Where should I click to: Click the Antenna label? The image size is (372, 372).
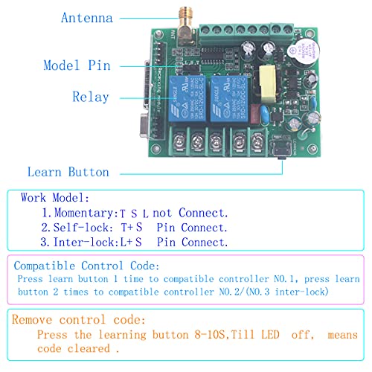point(87,18)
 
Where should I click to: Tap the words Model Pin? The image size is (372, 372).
point(77,65)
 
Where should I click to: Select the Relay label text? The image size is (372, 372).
point(91,97)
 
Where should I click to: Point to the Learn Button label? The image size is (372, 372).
point(68,172)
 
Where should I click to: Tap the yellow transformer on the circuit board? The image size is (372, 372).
point(268,84)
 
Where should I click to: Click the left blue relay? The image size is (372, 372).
point(187,99)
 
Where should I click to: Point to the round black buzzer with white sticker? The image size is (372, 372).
point(304,54)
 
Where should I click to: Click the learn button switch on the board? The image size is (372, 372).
point(281,149)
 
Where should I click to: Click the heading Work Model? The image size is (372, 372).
point(54,198)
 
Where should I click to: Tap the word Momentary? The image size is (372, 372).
point(84,213)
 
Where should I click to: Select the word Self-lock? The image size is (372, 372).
point(81,228)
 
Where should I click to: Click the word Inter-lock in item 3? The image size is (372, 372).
point(84,242)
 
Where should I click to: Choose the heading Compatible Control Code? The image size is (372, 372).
point(86,266)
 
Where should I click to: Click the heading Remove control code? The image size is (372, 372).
point(78,320)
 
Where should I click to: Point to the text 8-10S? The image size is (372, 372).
point(210,335)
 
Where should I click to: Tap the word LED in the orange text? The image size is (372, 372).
point(270,335)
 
